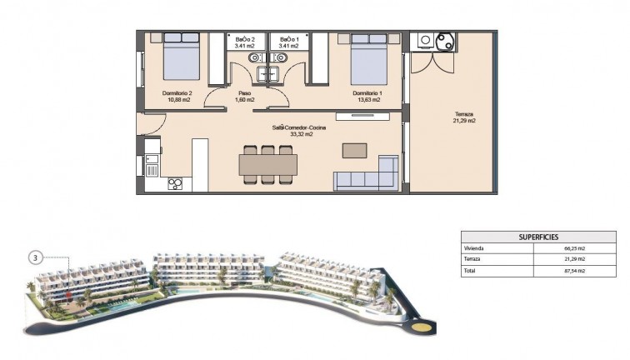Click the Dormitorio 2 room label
click(x=177, y=92)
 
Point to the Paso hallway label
click(x=245, y=92)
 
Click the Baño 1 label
click(x=288, y=39)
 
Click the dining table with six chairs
click(x=267, y=164)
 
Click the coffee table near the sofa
click(x=354, y=150)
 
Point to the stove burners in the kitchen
click(x=176, y=184)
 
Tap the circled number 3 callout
click(x=35, y=257)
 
